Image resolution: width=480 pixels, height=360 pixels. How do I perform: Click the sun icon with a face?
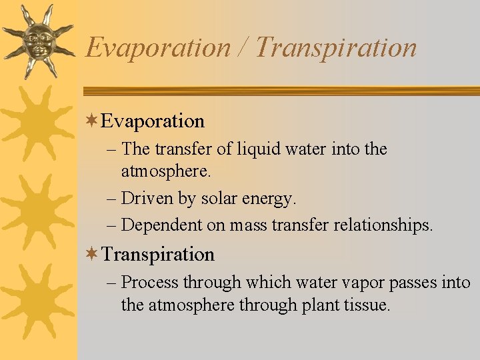pyautogui.click(x=38, y=40)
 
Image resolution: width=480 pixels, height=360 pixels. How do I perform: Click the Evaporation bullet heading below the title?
pyautogui.click(x=153, y=121)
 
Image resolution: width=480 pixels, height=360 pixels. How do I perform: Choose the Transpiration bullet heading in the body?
pyautogui.click(x=158, y=254)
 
